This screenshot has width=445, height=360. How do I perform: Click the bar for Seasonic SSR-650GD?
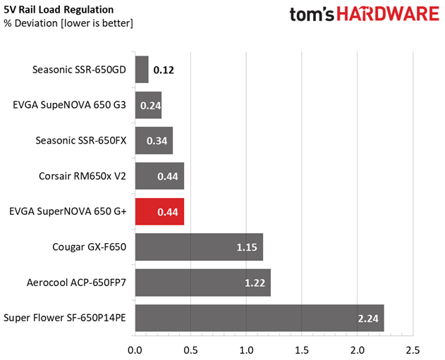coord(141,70)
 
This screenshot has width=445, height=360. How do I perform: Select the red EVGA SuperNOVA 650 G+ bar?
coord(159,211)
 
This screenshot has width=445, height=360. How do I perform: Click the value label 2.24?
coord(368,318)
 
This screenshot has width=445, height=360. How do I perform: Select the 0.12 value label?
coord(164,70)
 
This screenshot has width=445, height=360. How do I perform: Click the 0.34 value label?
coord(157,141)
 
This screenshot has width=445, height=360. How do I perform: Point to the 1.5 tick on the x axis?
coord(302,349)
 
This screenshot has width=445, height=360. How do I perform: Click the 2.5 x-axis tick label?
coord(413,349)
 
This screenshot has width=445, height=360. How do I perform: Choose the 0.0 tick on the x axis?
coord(134,349)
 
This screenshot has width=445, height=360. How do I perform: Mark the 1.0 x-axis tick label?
coord(246,349)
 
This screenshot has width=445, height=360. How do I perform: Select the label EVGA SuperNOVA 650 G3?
coord(69,105)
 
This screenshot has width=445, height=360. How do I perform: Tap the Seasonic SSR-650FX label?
coord(80,140)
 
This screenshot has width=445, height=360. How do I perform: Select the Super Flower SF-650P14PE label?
coord(65,318)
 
